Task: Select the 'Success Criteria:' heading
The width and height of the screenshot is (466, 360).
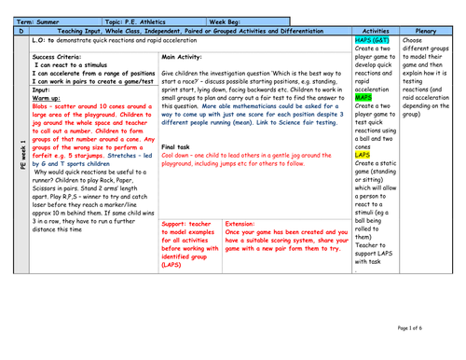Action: pyautogui.click(x=57, y=57)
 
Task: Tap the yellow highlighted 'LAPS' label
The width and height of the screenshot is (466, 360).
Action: pyautogui.click(x=363, y=155)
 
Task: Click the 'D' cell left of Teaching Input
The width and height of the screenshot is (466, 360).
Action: pyautogui.click(x=22, y=31)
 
